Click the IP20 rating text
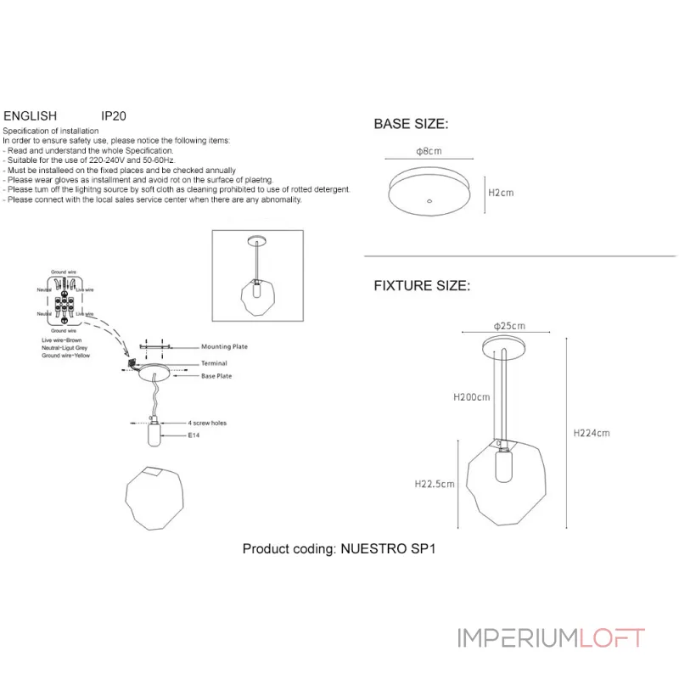(x=114, y=115)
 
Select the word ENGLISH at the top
(x=31, y=115)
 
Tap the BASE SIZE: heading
(x=411, y=124)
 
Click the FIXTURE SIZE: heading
(x=421, y=286)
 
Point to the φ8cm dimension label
(x=429, y=151)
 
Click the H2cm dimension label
(x=501, y=193)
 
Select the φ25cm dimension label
(x=508, y=327)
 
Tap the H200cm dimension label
(x=472, y=397)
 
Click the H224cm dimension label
(x=592, y=433)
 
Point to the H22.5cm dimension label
(x=435, y=485)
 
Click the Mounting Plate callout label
(x=224, y=347)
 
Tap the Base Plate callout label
(x=216, y=375)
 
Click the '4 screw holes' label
(x=207, y=422)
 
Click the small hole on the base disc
(x=429, y=202)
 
